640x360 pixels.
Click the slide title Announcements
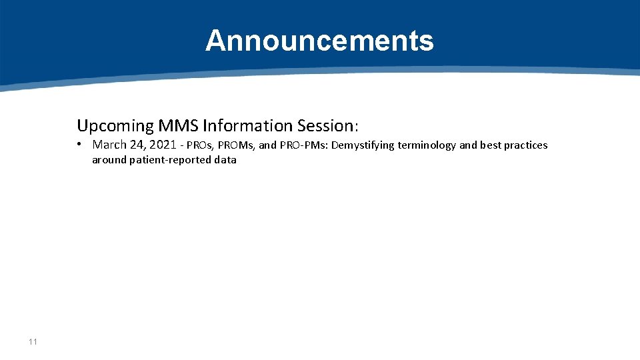pos(319,41)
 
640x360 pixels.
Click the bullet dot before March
pos(79,145)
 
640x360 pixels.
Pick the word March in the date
pos(109,145)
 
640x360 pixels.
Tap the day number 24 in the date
pos(138,145)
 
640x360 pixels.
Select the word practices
pos(526,145)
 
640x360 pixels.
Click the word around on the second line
pos(109,160)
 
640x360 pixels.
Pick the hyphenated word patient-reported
pos(171,160)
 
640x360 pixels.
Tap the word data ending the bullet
pos(225,160)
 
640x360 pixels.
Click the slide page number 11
pos(33,342)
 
